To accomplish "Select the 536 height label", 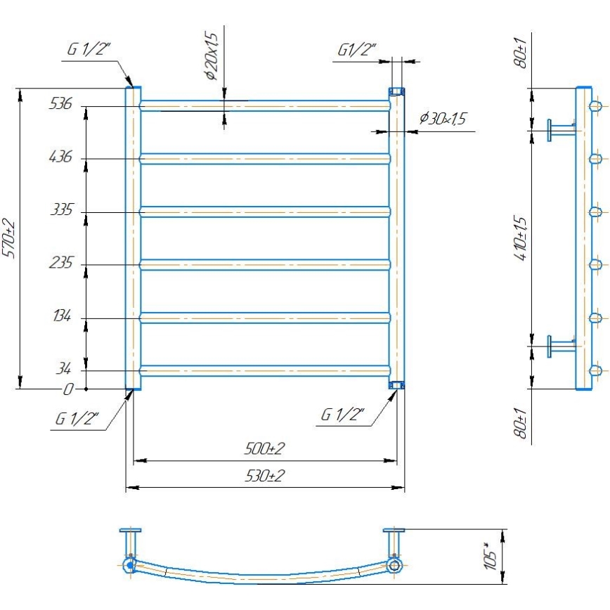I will click(x=61, y=104).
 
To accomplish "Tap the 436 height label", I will click(x=61, y=157).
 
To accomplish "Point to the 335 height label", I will click(x=61, y=209).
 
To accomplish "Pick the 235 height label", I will click(x=61, y=263).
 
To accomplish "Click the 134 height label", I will click(x=61, y=316).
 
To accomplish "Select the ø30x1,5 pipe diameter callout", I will click(x=442, y=119).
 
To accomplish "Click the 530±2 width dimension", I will click(x=264, y=476).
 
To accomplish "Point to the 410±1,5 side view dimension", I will click(x=521, y=239).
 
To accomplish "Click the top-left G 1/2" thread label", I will click(x=90, y=49).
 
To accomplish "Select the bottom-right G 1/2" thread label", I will click(x=342, y=415).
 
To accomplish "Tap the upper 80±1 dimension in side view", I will click(x=521, y=52).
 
